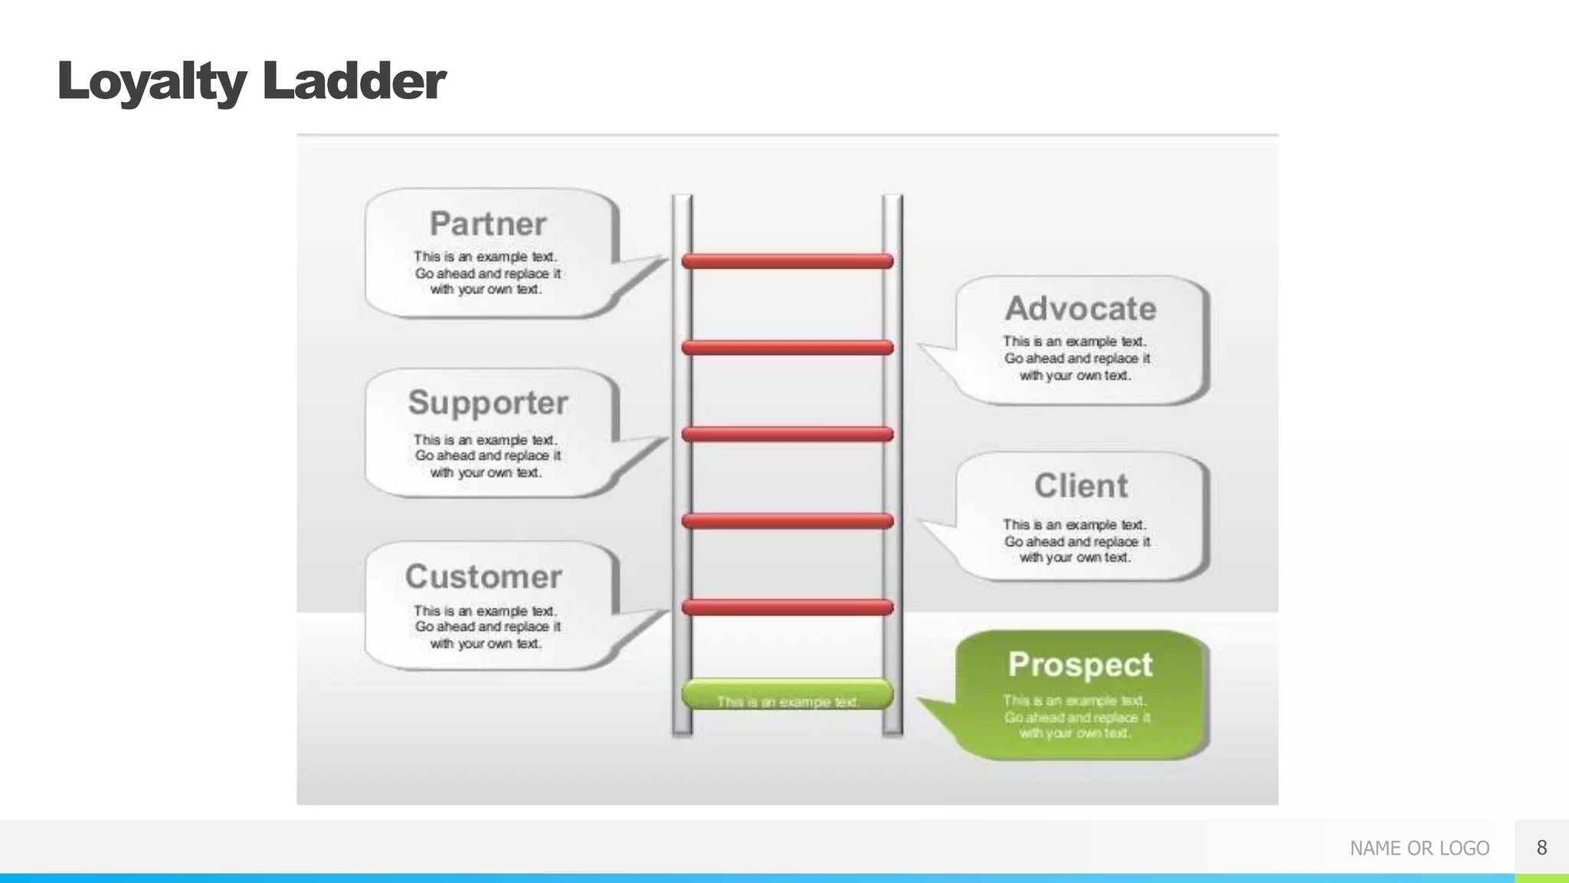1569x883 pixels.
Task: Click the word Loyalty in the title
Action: point(152,81)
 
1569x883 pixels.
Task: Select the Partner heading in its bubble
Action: point(488,224)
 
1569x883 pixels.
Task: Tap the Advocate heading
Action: point(1080,308)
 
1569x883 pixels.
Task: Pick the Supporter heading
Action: point(488,402)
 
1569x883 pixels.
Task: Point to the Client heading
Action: point(1080,485)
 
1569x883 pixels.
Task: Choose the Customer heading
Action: point(483,576)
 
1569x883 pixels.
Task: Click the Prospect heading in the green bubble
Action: point(1080,664)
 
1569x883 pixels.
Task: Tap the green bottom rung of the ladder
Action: point(788,694)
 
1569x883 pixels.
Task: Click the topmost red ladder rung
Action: point(788,261)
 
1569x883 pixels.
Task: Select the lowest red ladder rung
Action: point(788,608)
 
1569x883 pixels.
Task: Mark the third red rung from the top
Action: point(788,435)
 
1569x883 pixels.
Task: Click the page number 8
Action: point(1541,847)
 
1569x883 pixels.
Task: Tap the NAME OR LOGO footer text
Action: point(1419,848)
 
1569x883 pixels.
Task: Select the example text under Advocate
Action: point(1076,358)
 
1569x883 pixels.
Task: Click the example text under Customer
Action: point(486,627)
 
